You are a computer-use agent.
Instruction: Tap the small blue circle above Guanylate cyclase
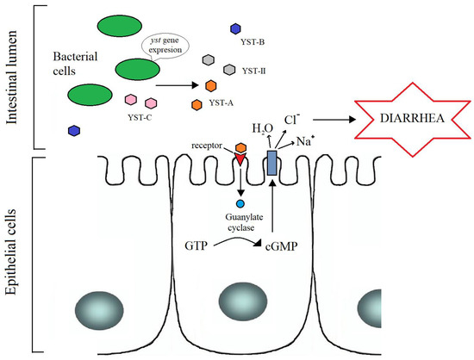point(241,204)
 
